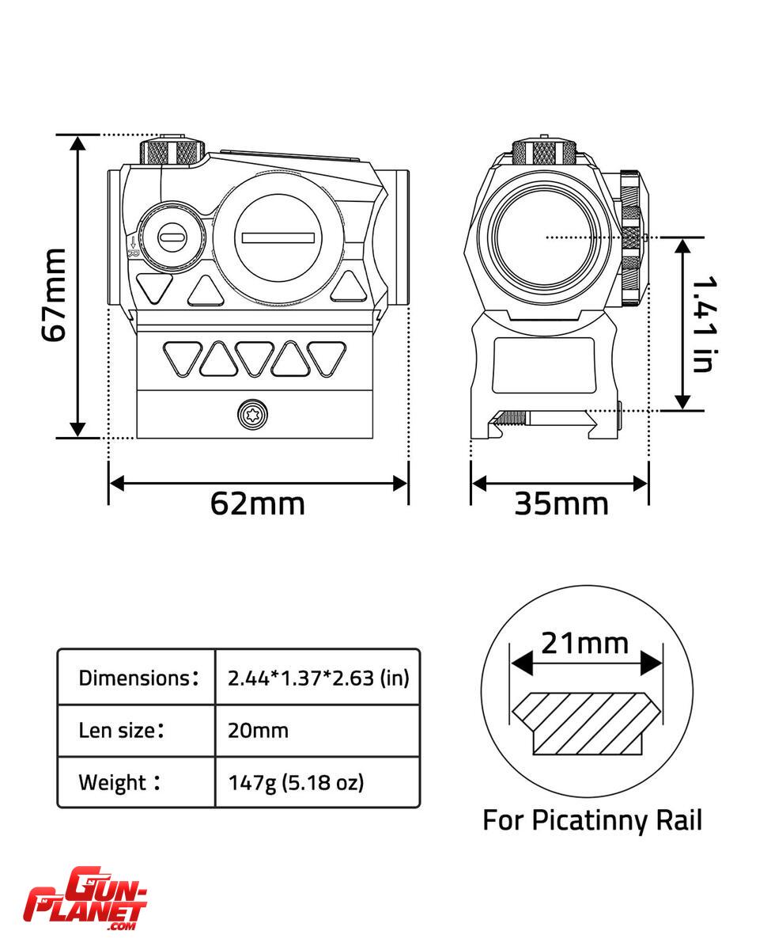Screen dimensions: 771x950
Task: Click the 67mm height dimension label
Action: pyautogui.click(x=54, y=295)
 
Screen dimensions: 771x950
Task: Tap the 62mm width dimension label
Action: pyautogui.click(x=258, y=504)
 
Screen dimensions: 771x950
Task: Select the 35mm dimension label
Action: pyautogui.click(x=561, y=504)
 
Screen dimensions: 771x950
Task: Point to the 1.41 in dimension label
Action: pyautogui.click(x=705, y=325)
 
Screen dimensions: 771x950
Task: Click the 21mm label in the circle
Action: pyautogui.click(x=585, y=644)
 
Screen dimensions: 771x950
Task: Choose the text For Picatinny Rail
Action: pyautogui.click(x=592, y=819)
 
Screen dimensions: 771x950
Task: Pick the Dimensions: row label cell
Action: pyautogui.click(x=136, y=678)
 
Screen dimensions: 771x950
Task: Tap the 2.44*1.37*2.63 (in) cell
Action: pyautogui.click(x=318, y=678)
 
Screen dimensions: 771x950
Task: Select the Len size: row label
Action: pyautogui.click(x=121, y=730)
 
